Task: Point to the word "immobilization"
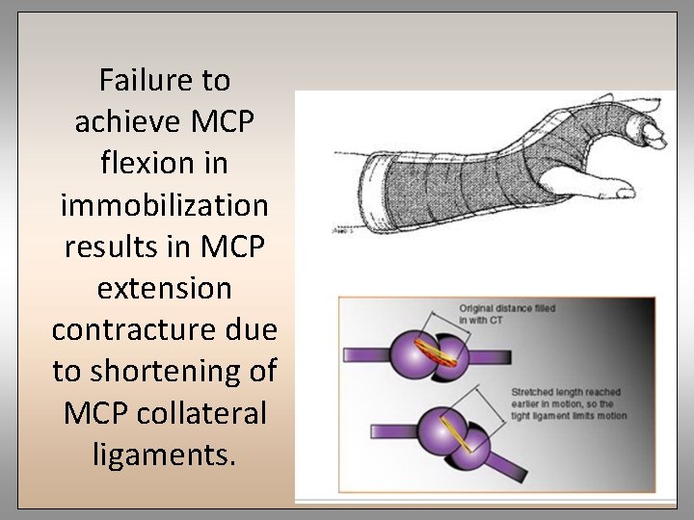165,204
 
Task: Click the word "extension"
165,288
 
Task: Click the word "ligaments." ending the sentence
165,454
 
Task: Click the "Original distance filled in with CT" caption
505,314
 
